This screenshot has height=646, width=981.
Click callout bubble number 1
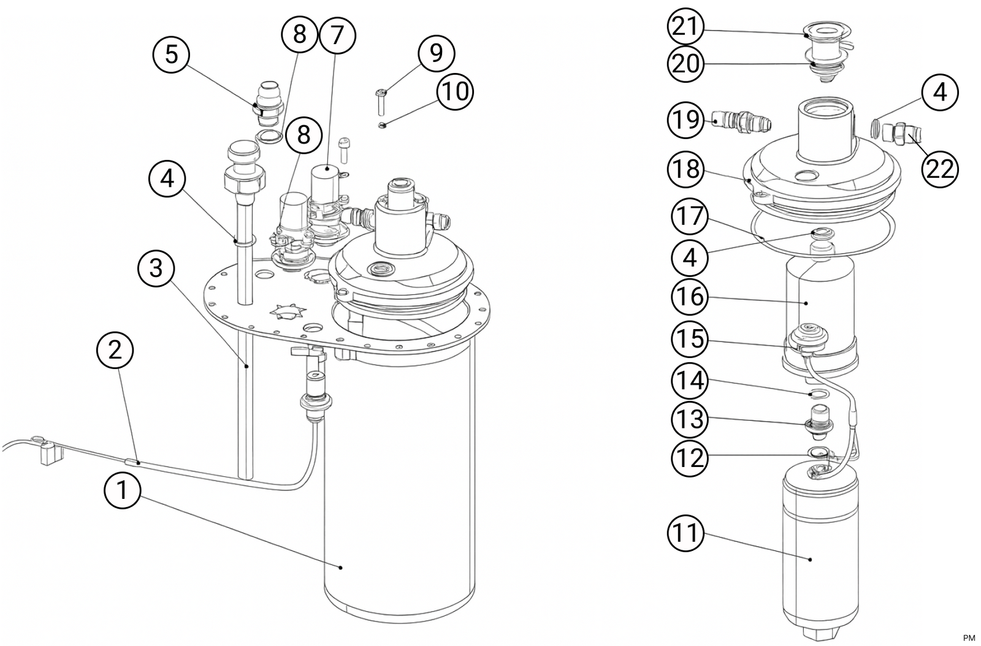(123, 491)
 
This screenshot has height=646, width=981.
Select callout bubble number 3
(156, 268)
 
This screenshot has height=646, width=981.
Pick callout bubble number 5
(172, 54)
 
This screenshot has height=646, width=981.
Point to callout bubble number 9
(436, 53)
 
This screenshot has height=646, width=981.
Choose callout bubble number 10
(456, 92)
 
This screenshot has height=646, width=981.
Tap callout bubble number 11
(685, 533)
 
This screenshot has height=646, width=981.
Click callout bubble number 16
(690, 297)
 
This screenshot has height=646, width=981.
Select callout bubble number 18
(685, 169)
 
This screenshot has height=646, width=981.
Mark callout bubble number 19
(685, 120)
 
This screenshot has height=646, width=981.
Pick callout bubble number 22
(940, 169)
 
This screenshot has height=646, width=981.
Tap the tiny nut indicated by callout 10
(381, 126)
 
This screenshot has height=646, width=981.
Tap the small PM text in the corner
(969, 637)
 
